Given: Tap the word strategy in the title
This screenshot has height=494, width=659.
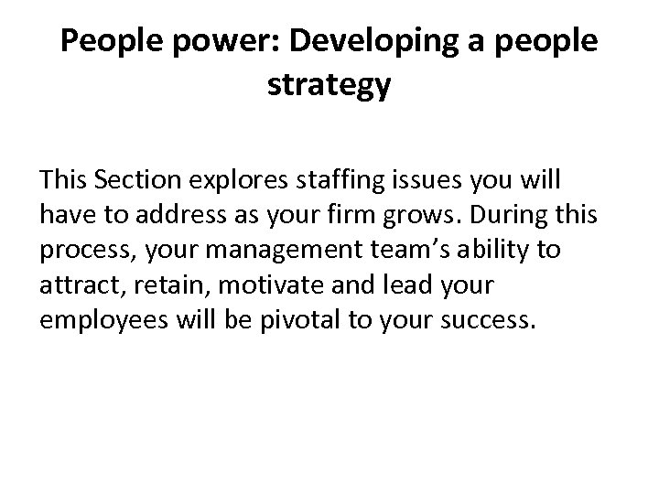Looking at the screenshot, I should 329,87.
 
